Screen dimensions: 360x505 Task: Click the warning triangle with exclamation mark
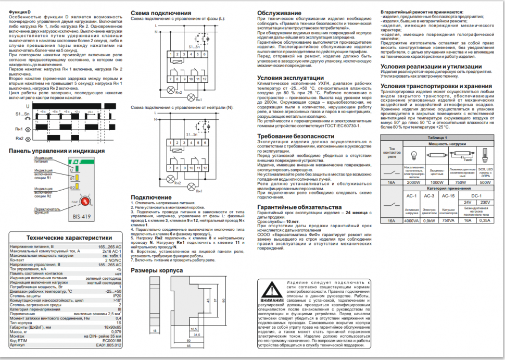[x=273, y=290]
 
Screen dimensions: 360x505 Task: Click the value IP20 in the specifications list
[x=117, y=295]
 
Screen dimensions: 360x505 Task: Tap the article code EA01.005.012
[x=109, y=344]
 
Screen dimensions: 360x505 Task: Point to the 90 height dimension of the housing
[x=222, y=301]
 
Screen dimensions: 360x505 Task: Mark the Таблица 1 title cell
[x=438, y=136]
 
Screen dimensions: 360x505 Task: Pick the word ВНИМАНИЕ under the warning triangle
[x=273, y=301]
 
